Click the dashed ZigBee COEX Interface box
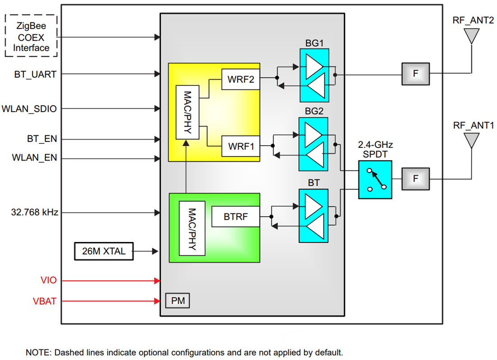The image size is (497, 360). [x=31, y=36]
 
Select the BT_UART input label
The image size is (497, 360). [x=35, y=74]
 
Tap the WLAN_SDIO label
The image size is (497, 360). [x=29, y=109]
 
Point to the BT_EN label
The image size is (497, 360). [x=42, y=139]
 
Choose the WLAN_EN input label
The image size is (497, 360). [x=34, y=158]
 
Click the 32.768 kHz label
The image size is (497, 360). [x=34, y=212]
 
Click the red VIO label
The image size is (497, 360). [x=49, y=281]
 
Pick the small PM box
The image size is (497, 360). [x=177, y=300]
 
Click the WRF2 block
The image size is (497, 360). [x=241, y=79]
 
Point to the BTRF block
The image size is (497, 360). [x=235, y=217]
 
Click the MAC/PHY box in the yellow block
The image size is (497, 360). [x=187, y=111]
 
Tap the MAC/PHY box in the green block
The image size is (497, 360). [x=192, y=228]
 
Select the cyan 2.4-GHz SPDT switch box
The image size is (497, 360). [x=375, y=179]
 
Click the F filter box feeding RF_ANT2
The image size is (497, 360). [x=416, y=73]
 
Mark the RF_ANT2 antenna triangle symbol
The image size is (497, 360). [x=472, y=35]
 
